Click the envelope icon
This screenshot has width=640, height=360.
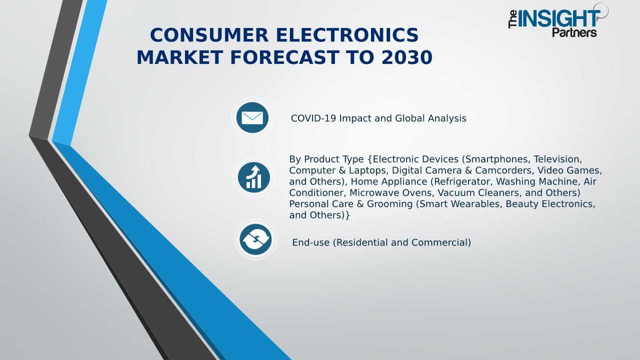(x=252, y=117)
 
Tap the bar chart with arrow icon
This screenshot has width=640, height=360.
(x=253, y=177)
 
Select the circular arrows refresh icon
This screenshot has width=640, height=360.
(x=255, y=239)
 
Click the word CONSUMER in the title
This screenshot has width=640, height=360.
(x=209, y=35)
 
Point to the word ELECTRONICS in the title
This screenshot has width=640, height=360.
(x=347, y=35)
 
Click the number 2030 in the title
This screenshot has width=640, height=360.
(x=407, y=57)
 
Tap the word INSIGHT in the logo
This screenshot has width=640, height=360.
(x=559, y=19)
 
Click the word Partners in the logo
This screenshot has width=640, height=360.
(x=574, y=32)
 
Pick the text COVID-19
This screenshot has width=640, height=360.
(x=313, y=118)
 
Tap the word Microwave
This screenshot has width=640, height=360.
(x=374, y=192)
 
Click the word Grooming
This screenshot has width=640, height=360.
(x=389, y=203)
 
